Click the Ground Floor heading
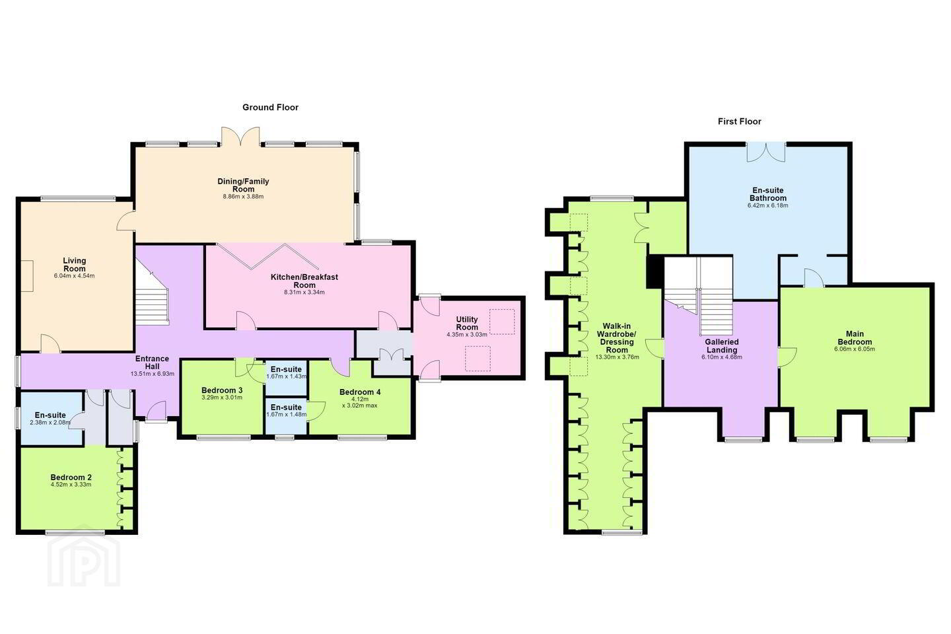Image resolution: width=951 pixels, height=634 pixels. (270, 108)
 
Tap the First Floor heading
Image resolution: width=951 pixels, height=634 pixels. (739, 122)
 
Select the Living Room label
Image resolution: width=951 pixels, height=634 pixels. (74, 265)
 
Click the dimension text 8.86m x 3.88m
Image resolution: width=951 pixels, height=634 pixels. (243, 197)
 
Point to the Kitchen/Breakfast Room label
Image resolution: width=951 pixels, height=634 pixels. (304, 281)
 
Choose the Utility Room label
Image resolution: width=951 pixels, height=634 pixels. (467, 323)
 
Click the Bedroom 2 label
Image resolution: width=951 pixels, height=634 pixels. (71, 477)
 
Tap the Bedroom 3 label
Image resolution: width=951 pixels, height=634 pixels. (222, 390)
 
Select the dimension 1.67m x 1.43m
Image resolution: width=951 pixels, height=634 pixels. (286, 376)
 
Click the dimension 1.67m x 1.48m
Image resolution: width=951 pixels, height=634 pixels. (286, 415)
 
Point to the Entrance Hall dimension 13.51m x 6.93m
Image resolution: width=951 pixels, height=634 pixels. (153, 374)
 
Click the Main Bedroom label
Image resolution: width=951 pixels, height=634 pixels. (855, 337)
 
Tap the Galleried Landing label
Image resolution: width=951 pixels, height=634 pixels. (722, 345)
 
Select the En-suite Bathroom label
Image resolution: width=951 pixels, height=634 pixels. (767, 194)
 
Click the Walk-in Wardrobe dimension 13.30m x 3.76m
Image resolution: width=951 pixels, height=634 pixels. (617, 357)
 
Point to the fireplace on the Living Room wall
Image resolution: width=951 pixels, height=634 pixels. (27, 275)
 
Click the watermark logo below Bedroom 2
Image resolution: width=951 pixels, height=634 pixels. (84, 561)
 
